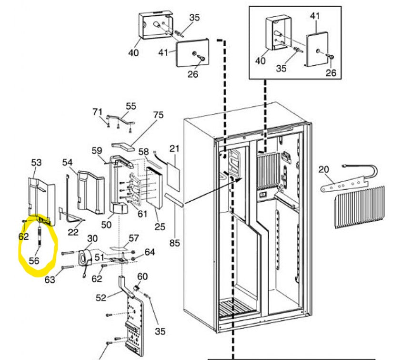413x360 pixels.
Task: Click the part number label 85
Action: [175, 243]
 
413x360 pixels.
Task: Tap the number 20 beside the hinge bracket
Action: [324, 169]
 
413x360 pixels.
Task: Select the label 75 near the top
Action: [158, 115]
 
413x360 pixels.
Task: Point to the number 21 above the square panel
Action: [174, 149]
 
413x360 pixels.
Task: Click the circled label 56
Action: [34, 261]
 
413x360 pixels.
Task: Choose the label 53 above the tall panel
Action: [37, 163]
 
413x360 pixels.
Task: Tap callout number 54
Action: [68, 163]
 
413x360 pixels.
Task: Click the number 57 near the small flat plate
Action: [134, 237]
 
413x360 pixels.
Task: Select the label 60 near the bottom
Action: [142, 277]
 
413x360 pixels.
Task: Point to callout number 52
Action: [101, 298]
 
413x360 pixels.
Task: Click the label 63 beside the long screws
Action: [50, 280]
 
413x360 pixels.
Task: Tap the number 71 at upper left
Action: [98, 112]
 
